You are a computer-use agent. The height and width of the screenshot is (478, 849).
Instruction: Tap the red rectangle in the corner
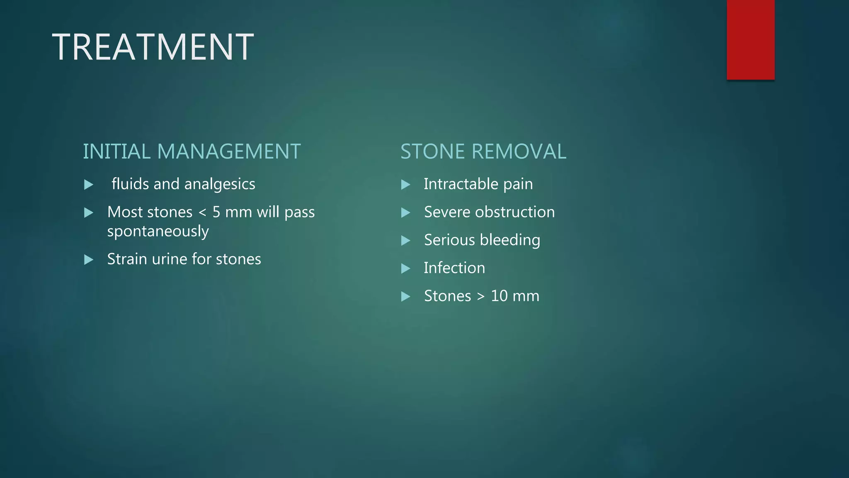click(x=750, y=39)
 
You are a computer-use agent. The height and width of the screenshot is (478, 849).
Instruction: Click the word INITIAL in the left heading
click(x=116, y=151)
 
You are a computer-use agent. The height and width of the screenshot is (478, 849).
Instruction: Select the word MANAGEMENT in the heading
click(x=229, y=151)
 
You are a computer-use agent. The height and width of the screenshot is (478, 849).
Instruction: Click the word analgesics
click(x=225, y=184)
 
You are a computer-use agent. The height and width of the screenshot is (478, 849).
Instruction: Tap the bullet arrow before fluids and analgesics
click(x=89, y=185)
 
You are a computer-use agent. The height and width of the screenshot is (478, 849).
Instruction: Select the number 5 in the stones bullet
click(x=216, y=212)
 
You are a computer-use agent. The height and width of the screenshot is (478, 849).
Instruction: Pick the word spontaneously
click(x=158, y=232)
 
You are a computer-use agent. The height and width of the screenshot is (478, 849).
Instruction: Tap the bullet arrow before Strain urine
click(x=89, y=260)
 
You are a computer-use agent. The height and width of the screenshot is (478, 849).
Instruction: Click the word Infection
click(x=454, y=268)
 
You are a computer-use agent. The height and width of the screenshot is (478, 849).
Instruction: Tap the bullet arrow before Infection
click(x=406, y=268)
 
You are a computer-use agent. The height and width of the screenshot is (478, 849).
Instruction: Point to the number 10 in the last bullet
click(x=499, y=296)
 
